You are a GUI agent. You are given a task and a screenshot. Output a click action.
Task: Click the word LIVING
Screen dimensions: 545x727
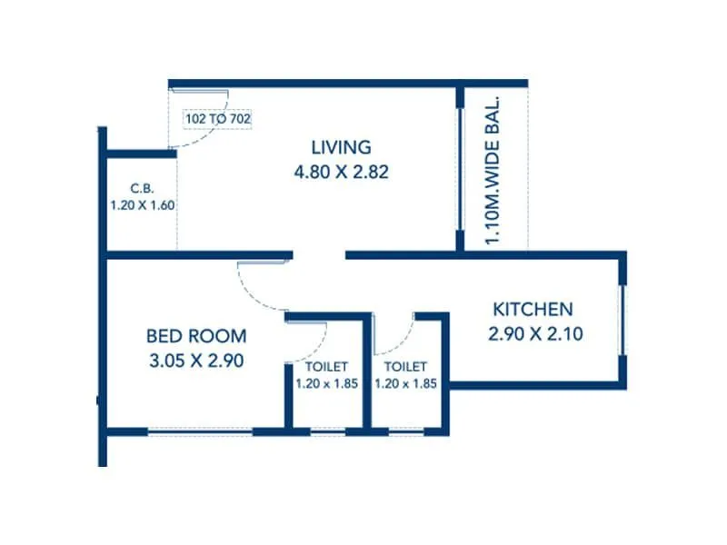(x=341, y=147)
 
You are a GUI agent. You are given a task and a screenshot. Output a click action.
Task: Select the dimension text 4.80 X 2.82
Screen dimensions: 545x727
(x=341, y=171)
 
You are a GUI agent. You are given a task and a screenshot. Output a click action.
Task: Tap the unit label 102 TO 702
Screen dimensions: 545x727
(x=218, y=118)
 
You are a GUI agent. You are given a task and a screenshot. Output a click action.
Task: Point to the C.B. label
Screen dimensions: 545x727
(x=142, y=188)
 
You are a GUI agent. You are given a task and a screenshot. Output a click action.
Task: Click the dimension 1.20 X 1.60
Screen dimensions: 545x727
(x=142, y=205)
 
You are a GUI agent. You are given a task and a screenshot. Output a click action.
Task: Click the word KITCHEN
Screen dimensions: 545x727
(x=533, y=309)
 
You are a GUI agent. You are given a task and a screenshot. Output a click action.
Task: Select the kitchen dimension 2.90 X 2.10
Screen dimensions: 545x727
(x=534, y=333)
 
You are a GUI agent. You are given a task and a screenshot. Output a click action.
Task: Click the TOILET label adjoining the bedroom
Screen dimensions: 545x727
(x=326, y=366)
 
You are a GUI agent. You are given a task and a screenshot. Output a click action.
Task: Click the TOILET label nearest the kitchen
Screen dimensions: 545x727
(x=405, y=366)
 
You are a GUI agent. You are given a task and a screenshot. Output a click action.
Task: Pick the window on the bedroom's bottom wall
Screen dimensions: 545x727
(x=200, y=431)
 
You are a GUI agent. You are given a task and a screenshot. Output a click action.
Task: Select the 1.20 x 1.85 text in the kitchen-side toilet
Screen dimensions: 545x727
(x=405, y=383)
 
